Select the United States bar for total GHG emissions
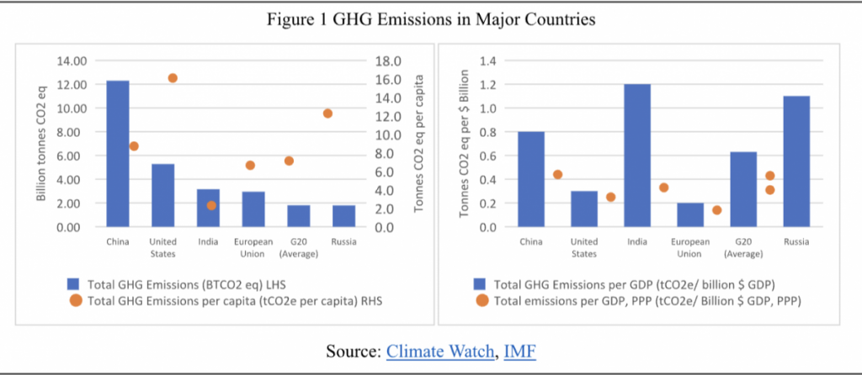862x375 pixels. click(163, 195)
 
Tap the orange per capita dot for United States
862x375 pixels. click(173, 78)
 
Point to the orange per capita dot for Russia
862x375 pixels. click(328, 114)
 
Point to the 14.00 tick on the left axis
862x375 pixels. click(72, 61)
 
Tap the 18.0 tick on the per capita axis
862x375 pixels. click(397, 61)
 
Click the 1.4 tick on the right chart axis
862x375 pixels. click(487, 61)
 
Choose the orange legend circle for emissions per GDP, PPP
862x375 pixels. click(483, 300)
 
